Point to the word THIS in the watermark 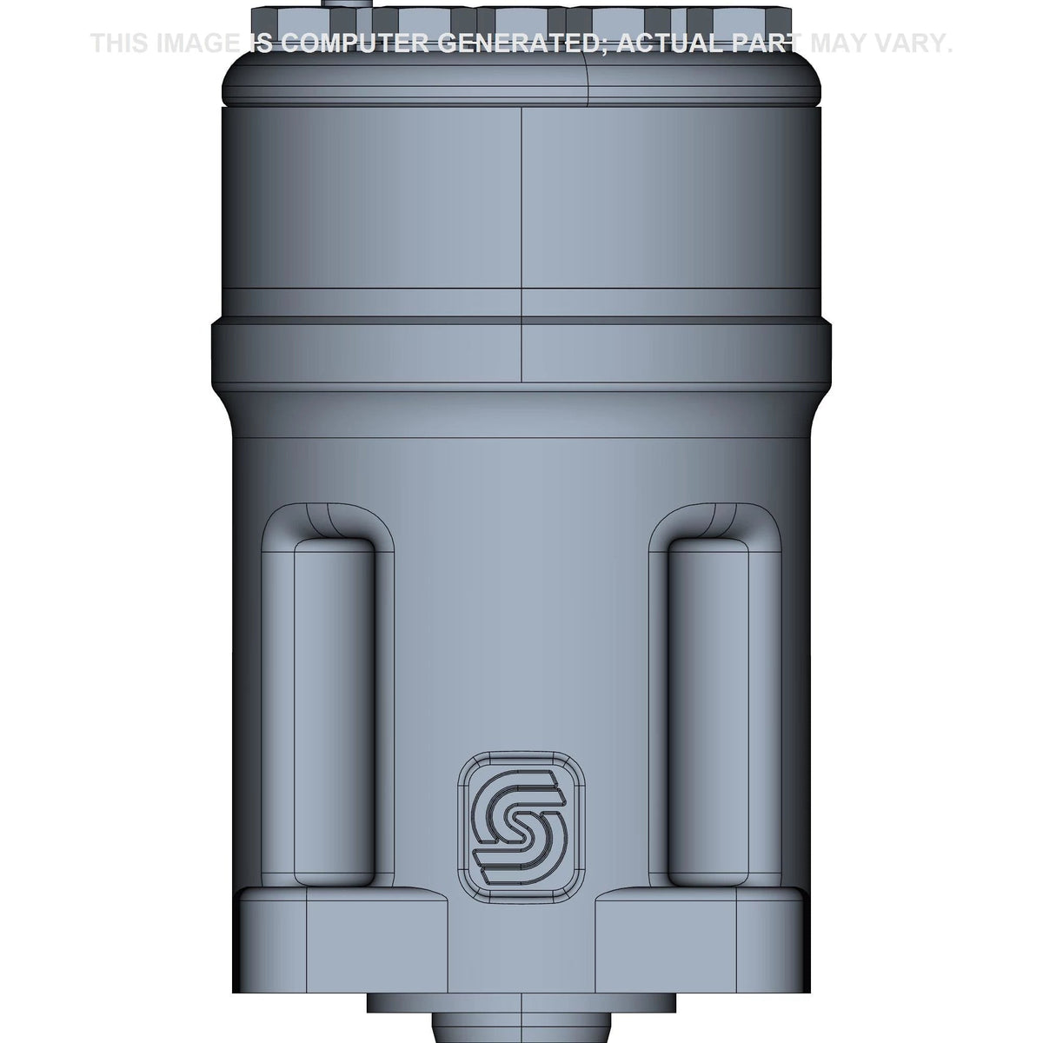119,43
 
